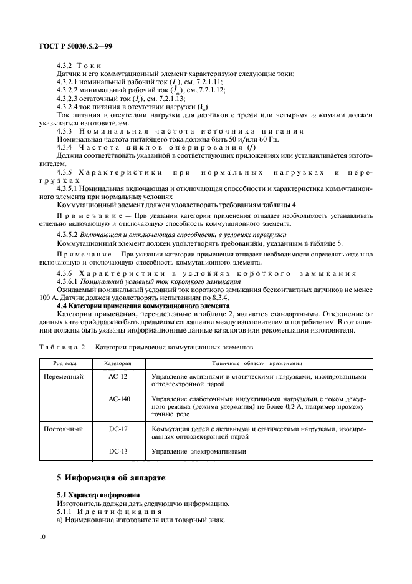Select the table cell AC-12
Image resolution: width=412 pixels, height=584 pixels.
click(x=118, y=377)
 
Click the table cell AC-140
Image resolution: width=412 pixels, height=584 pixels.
click(x=119, y=399)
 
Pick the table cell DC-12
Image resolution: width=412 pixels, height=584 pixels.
click(x=118, y=430)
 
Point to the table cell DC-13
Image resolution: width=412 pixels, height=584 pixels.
click(x=118, y=451)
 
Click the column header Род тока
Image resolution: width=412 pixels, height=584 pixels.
click(x=65, y=362)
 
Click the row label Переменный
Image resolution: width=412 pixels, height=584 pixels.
click(x=65, y=377)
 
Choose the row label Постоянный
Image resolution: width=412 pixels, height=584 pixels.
click(x=65, y=430)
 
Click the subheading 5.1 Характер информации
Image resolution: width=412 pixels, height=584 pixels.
click(x=94, y=495)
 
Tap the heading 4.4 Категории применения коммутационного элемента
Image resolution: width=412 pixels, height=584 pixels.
click(x=143, y=306)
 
